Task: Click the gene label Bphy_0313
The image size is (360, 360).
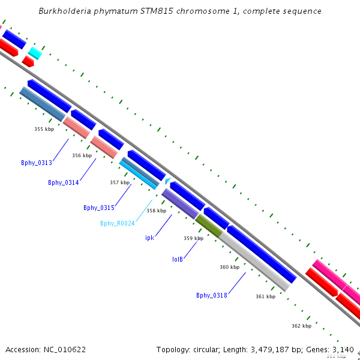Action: click(x=37, y=163)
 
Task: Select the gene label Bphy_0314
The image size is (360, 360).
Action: click(x=64, y=182)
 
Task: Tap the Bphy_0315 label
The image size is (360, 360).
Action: click(x=99, y=208)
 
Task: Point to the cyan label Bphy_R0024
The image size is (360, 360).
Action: click(x=118, y=223)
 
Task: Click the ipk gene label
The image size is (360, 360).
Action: click(x=150, y=238)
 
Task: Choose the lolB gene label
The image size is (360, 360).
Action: click(x=177, y=259)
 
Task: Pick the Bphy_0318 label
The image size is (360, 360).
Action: click(x=211, y=295)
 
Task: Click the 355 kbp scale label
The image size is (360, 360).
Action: click(x=44, y=129)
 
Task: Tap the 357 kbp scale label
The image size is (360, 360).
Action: click(x=120, y=182)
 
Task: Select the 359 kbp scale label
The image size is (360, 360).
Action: click(x=193, y=238)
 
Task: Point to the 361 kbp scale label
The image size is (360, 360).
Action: click(x=265, y=296)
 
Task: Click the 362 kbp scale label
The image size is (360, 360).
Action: click(x=301, y=326)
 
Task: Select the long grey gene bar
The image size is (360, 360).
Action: click(x=254, y=262)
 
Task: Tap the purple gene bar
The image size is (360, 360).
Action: click(x=180, y=203)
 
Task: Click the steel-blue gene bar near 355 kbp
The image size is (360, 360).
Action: click(x=43, y=103)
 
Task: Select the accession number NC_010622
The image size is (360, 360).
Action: click(x=65, y=349)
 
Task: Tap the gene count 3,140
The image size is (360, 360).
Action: click(x=343, y=349)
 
